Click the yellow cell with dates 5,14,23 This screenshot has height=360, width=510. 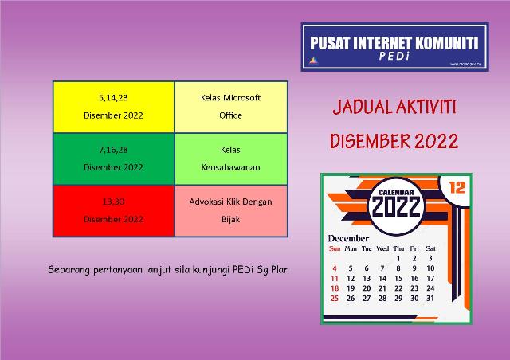coord(113,106)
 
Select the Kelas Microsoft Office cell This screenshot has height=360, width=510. coord(231,106)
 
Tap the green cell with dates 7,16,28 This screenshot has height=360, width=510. coord(113,158)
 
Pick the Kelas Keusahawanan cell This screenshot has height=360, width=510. coord(231,158)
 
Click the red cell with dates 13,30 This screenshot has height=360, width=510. coord(113,210)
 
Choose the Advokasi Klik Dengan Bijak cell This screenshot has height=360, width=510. coord(231,210)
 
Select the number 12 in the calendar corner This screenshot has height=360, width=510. coord(457,188)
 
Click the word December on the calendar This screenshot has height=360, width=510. coord(349,238)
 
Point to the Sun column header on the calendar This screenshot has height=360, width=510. coord(335,248)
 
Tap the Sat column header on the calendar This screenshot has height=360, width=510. coord(430,248)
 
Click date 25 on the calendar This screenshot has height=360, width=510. coord(335,299)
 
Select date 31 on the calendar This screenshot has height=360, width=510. coord(430,299)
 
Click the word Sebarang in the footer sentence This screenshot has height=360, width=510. coord(68,269)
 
